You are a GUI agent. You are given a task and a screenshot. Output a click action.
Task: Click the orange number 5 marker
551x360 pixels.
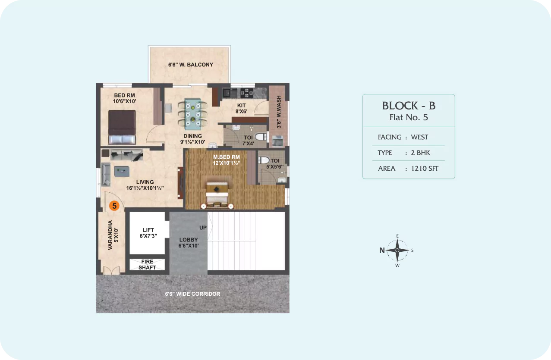coord(114,206)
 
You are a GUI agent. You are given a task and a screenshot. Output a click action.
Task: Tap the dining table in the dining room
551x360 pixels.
coord(192,114)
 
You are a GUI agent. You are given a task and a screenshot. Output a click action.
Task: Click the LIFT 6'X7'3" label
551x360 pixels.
coord(148,233)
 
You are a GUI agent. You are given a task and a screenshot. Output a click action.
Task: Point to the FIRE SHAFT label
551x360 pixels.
coord(147,265)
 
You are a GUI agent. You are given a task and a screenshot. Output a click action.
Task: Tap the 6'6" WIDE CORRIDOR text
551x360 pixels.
coord(192,294)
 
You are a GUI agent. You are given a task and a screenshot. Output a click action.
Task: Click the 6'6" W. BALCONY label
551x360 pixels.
coord(191,65)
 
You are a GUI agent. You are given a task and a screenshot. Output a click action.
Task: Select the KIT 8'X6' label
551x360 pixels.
coord(241,108)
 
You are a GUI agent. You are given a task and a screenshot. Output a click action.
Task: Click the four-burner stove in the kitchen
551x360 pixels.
coord(247,93)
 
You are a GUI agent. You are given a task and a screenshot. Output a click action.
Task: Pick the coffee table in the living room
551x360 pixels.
coord(122,171)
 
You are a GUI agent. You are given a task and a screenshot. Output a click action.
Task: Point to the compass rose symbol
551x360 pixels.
coord(397,250)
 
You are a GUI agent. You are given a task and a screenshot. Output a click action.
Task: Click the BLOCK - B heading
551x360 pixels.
coord(409,106)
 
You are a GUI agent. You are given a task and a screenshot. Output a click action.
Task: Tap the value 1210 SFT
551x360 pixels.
coord(425,168)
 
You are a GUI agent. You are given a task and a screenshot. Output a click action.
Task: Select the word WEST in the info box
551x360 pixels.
coord(419,137)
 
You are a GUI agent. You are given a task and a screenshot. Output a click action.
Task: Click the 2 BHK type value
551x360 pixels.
coord(420,153)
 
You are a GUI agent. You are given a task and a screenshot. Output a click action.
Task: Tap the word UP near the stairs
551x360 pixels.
coord(203,228)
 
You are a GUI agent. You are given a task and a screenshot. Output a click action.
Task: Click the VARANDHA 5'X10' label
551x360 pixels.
coord(113,235)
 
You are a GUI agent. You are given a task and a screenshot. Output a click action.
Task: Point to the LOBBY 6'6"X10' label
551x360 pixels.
coord(189,243)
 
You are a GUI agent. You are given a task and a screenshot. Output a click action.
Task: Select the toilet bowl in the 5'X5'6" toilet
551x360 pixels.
coord(264,160)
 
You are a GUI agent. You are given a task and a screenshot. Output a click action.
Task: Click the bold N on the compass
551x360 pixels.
coord(382,250)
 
